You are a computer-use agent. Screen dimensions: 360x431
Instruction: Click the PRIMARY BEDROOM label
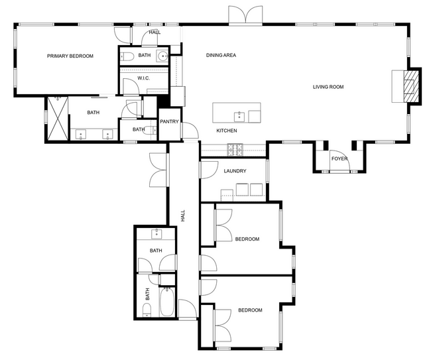pyautogui.click(x=70, y=56)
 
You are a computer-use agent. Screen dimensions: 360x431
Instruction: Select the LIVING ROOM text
pyautogui.click(x=328, y=87)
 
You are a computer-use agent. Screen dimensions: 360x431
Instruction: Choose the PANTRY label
pyautogui.click(x=170, y=122)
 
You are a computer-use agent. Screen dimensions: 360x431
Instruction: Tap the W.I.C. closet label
pyautogui.click(x=144, y=78)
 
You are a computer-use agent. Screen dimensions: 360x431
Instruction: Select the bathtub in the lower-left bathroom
pyautogui.click(x=167, y=303)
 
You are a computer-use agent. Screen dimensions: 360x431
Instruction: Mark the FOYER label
pyautogui.click(x=339, y=158)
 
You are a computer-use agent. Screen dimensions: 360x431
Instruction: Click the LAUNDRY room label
pyautogui.click(x=235, y=171)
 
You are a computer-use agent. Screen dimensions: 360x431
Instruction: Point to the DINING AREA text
pyautogui.click(x=221, y=55)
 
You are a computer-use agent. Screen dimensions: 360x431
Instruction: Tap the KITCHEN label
pyautogui.click(x=227, y=131)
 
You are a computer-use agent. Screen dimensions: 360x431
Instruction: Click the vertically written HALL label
pyautogui.click(x=182, y=216)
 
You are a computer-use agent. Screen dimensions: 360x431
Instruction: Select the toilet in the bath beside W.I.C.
pyautogui.click(x=129, y=56)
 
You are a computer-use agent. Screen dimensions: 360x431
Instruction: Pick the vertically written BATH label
pyautogui.click(x=148, y=293)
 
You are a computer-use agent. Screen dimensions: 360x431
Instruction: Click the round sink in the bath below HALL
pyautogui.click(x=162, y=56)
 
